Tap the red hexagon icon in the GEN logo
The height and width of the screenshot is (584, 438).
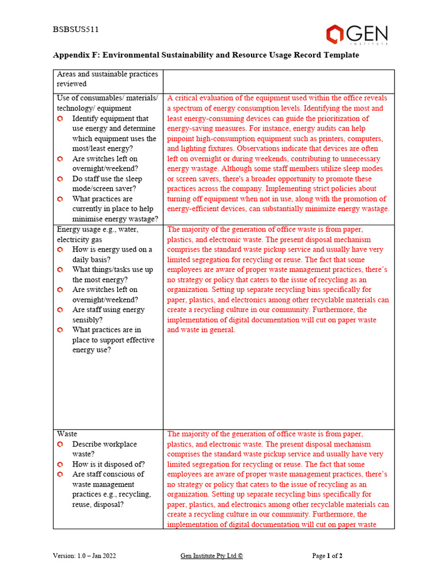click(x=335, y=34)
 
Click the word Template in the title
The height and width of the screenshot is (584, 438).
click(x=340, y=55)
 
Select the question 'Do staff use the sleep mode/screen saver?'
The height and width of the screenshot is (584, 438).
click(x=108, y=184)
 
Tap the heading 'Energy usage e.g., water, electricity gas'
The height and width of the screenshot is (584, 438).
click(x=98, y=234)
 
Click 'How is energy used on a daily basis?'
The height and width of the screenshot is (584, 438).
click(x=111, y=254)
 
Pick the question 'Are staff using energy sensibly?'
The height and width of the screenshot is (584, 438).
click(x=108, y=314)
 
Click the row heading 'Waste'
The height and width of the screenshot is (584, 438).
click(x=67, y=434)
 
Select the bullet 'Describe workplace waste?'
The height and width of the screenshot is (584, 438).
click(x=104, y=449)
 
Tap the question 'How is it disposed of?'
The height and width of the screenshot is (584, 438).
click(x=108, y=464)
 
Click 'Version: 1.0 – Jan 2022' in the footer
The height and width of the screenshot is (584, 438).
click(x=84, y=555)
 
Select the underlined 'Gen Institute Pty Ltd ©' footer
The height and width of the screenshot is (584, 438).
click(x=211, y=555)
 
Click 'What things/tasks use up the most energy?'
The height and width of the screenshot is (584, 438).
click(x=112, y=274)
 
